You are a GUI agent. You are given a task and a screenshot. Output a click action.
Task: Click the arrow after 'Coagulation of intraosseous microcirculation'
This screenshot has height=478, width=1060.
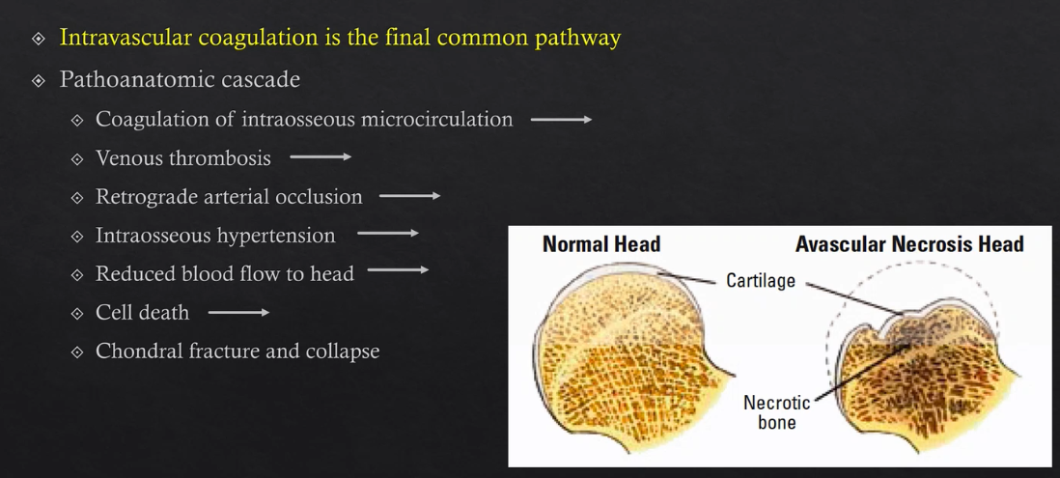click(x=561, y=120)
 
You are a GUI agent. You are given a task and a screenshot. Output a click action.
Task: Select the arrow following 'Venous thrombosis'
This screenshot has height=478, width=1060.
click(x=321, y=157)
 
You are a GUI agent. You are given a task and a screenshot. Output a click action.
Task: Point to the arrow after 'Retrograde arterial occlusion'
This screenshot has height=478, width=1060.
click(x=409, y=196)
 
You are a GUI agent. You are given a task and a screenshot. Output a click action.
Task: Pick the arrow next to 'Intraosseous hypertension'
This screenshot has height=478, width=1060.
click(x=387, y=234)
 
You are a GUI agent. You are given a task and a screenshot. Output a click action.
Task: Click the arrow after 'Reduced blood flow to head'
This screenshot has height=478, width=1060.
click(x=398, y=271)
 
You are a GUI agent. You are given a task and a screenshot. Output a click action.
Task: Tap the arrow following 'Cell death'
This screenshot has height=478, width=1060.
click(x=238, y=312)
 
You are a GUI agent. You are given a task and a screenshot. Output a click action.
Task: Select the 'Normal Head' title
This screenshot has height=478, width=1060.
click(x=601, y=244)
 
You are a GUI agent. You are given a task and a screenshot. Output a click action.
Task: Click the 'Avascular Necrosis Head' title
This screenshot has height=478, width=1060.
click(x=909, y=244)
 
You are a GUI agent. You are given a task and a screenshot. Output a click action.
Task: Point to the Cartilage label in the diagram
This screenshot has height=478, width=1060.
click(x=761, y=281)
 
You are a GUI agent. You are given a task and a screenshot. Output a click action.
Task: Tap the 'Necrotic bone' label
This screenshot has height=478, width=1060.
click(x=776, y=412)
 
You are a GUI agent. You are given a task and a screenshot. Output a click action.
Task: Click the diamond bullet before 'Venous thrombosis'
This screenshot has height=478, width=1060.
click(x=77, y=158)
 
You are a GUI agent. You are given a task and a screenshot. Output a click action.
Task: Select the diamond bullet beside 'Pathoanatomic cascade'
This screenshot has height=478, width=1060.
click(x=39, y=80)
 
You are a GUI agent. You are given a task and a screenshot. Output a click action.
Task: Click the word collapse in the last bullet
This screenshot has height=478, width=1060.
click(x=342, y=351)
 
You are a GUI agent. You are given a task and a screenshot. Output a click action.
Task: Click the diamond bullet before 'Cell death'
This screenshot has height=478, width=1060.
click(x=77, y=313)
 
